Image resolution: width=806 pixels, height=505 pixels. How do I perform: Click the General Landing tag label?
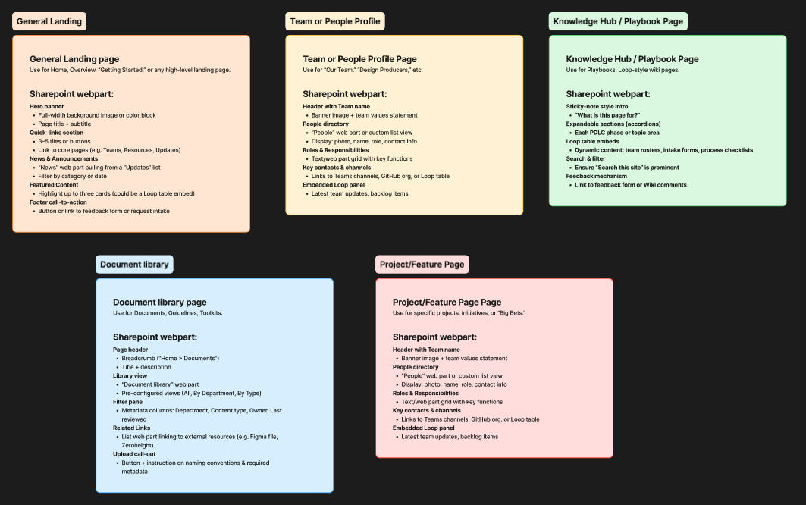(49, 21)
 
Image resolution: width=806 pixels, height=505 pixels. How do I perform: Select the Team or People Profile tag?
(335, 21)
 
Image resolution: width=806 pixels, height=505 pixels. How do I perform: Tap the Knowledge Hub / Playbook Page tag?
(618, 21)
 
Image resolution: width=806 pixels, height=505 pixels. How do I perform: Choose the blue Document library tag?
(134, 265)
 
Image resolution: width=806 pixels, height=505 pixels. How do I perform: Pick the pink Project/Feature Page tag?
(422, 265)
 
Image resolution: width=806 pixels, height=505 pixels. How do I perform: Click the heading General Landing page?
(74, 59)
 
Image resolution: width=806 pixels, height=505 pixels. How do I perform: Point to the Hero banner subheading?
(47, 107)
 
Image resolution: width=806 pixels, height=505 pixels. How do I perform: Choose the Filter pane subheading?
(128, 402)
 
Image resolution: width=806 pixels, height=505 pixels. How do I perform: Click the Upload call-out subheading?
(134, 454)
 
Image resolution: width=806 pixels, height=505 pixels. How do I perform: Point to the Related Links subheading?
(133, 428)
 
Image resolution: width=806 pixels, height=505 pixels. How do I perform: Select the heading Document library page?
(159, 303)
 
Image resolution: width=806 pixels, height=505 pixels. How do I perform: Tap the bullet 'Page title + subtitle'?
(64, 124)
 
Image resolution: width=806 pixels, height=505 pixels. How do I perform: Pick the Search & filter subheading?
(585, 158)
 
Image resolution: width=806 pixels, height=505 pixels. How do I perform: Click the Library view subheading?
(130, 376)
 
